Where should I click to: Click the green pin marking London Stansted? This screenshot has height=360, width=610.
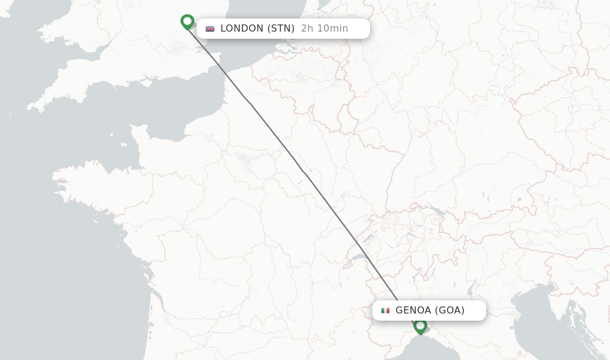coord(188,21)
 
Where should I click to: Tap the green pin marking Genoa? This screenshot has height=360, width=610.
coord(421,325)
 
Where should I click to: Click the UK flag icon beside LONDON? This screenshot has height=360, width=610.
coord(210,29)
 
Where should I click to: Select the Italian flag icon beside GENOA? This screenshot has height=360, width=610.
coord(385,311)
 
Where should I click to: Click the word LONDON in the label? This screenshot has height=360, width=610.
coord(241,29)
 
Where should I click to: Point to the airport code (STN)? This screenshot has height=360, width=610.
coord(281,29)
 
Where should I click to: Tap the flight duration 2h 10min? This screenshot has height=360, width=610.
coord(325,29)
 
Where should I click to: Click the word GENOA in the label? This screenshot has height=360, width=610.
coord(413,311)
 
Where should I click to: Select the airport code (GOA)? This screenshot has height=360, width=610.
coord(450,311)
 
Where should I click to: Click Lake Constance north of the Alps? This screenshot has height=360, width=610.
coord(434,210)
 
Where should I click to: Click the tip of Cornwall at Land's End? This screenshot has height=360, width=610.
coord(30,108)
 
